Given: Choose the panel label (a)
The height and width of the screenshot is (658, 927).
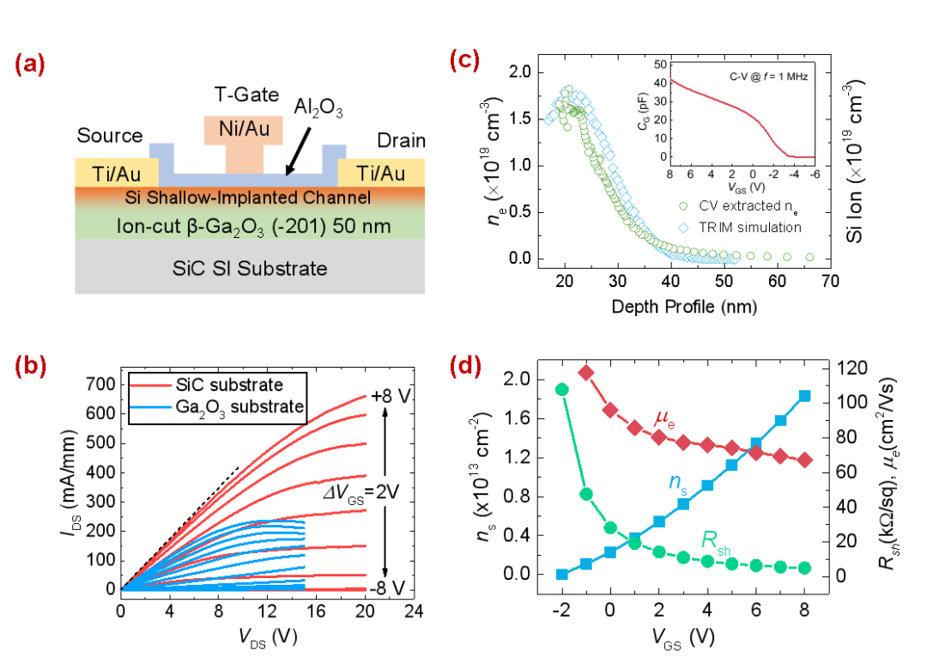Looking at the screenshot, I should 33,65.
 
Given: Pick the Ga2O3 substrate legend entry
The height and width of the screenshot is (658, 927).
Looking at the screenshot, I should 215,406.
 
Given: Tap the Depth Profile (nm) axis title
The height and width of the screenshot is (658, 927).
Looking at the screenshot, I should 685,308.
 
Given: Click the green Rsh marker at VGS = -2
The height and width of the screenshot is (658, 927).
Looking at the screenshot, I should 562,389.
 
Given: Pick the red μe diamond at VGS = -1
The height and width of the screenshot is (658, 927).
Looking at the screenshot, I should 586,372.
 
